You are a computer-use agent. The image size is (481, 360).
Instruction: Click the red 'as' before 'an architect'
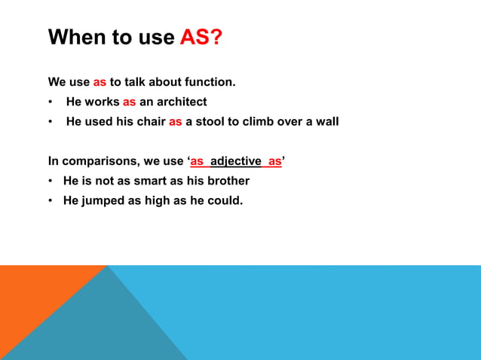click(129, 101)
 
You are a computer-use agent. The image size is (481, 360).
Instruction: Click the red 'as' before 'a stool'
click(175, 121)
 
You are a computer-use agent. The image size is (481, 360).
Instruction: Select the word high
click(152, 200)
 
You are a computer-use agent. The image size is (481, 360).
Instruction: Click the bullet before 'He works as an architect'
click(51, 102)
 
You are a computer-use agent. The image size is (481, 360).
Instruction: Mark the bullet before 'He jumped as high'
click(51, 201)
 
